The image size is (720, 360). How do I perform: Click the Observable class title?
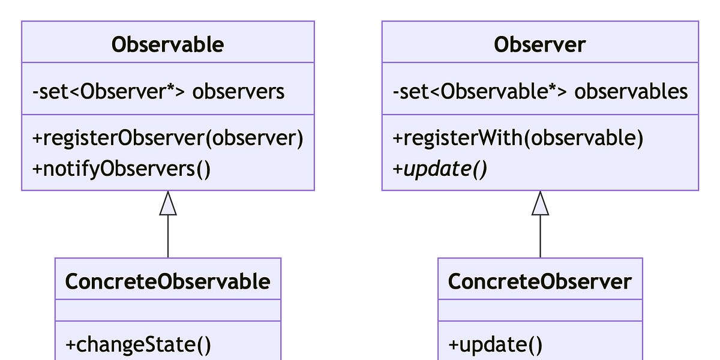167,44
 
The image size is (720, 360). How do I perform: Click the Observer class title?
539,44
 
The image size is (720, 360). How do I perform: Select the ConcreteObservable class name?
167,281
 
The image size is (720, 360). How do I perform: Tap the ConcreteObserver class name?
539,281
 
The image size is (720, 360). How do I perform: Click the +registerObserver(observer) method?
167,138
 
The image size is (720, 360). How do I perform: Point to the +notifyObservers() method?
121,169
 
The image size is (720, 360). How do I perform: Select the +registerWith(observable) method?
518,138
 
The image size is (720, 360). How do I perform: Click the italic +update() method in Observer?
440,169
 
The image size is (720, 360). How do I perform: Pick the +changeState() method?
138,344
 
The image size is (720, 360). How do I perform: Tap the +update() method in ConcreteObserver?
496,344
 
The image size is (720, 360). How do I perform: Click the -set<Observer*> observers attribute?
158,91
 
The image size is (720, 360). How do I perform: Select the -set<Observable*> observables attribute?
539,91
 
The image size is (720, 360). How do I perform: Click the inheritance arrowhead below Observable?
168,205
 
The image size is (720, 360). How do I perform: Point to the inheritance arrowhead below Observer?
540,205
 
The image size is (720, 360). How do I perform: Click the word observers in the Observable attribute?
238,91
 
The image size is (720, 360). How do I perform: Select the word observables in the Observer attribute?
631,91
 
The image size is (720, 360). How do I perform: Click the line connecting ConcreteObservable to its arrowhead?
168,237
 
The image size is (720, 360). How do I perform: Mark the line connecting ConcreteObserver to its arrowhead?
540,237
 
